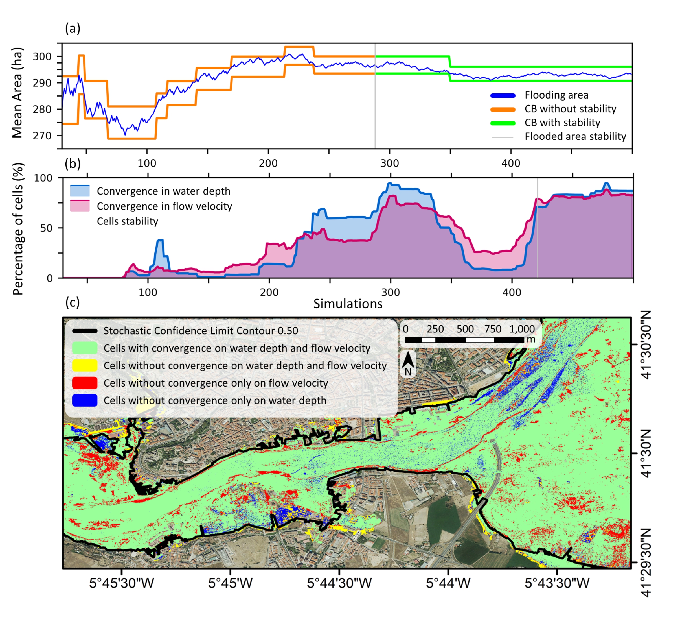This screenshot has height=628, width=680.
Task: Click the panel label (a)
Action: [x=73, y=29]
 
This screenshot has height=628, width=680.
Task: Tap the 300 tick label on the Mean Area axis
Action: [x=42, y=56]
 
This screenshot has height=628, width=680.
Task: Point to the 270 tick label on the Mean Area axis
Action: [x=42, y=136]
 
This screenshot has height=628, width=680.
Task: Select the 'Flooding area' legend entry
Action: [x=556, y=95]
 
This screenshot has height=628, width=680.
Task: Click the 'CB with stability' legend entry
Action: [x=562, y=123]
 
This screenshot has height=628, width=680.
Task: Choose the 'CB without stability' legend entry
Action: [x=570, y=109]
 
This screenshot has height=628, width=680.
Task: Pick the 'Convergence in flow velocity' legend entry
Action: [x=164, y=206]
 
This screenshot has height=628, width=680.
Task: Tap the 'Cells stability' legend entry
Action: [x=127, y=221]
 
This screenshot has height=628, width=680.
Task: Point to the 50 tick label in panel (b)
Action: [x=47, y=228]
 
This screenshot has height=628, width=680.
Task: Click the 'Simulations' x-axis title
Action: [x=348, y=304]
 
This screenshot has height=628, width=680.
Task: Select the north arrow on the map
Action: [x=408, y=363]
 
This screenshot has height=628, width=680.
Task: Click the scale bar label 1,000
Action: [x=522, y=329]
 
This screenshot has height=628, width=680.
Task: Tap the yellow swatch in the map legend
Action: [x=85, y=366]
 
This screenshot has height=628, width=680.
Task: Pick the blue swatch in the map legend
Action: [x=85, y=400]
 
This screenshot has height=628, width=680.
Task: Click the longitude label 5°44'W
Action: [x=448, y=583]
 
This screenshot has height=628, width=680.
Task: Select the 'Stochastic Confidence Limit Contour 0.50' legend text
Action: [x=201, y=331]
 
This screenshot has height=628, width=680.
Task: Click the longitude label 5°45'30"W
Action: [x=122, y=583]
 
